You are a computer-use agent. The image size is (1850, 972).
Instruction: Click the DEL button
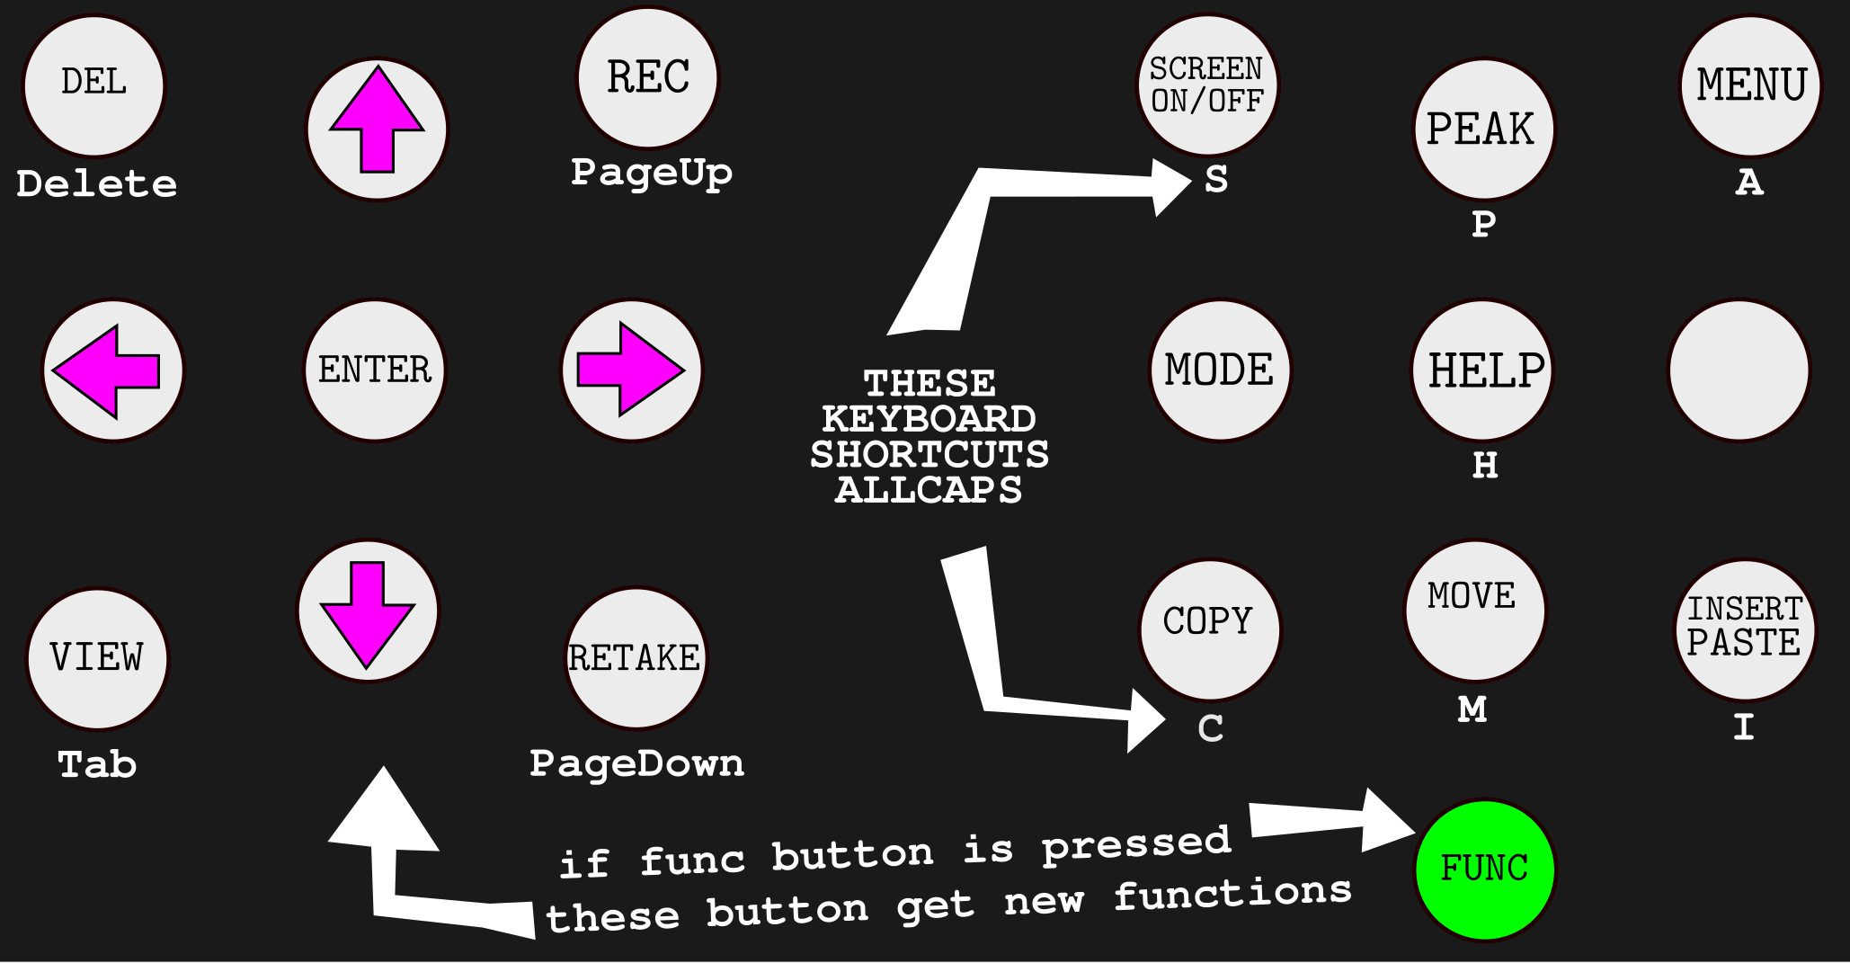click(x=93, y=85)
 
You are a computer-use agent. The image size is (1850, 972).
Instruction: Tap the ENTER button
click(x=375, y=370)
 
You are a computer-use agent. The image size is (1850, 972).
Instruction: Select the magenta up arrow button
click(x=377, y=129)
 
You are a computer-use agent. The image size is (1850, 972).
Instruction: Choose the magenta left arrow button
click(x=112, y=370)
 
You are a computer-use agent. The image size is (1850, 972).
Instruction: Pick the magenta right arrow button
click(x=631, y=370)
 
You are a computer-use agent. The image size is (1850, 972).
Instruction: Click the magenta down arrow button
click(x=367, y=611)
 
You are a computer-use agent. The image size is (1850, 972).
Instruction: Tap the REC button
click(x=647, y=77)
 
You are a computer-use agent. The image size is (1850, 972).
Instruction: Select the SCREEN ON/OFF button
click(x=1207, y=85)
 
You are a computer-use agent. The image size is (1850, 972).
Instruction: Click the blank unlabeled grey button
click(x=1739, y=370)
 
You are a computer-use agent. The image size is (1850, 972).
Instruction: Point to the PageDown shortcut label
click(x=636, y=763)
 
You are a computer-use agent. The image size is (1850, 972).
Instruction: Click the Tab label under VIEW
click(x=97, y=764)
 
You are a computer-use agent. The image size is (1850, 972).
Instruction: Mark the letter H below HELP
click(x=1485, y=466)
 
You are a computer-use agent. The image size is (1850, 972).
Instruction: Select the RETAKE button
click(x=635, y=658)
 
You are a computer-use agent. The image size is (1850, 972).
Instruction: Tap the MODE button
click(x=1220, y=370)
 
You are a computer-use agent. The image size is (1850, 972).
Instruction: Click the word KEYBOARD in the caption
click(x=929, y=419)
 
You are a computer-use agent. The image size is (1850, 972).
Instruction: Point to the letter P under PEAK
click(x=1484, y=224)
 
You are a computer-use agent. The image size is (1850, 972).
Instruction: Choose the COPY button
click(x=1209, y=629)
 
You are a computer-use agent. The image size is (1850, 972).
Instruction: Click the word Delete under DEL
click(x=97, y=184)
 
